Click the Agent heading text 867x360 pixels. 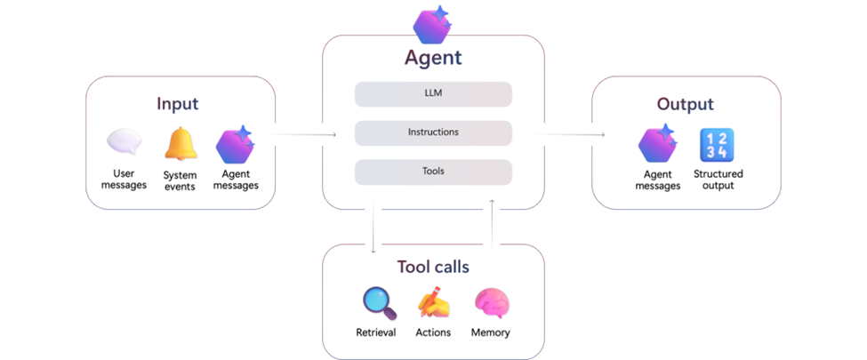click(433, 59)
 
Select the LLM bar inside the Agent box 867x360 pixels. click(433, 94)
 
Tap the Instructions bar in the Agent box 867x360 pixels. click(433, 132)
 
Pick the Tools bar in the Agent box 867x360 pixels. click(433, 172)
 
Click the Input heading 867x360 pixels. click(177, 103)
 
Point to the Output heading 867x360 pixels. click(685, 104)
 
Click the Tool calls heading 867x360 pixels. click(433, 267)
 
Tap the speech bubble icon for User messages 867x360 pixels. click(124, 143)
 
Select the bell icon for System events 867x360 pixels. click(181, 144)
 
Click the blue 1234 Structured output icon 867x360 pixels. click(717, 145)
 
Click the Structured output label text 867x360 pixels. click(718, 180)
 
